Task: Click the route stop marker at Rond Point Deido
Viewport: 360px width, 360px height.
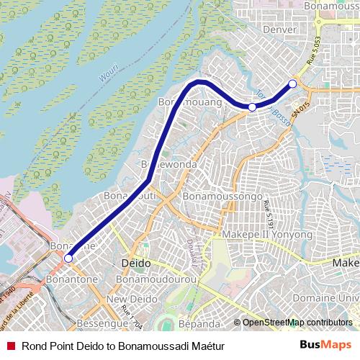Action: tap(68, 258)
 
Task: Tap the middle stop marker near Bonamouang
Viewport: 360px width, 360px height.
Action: tap(252, 107)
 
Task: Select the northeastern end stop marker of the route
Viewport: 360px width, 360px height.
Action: tap(292, 84)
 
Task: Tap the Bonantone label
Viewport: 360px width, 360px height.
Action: tap(67, 276)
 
